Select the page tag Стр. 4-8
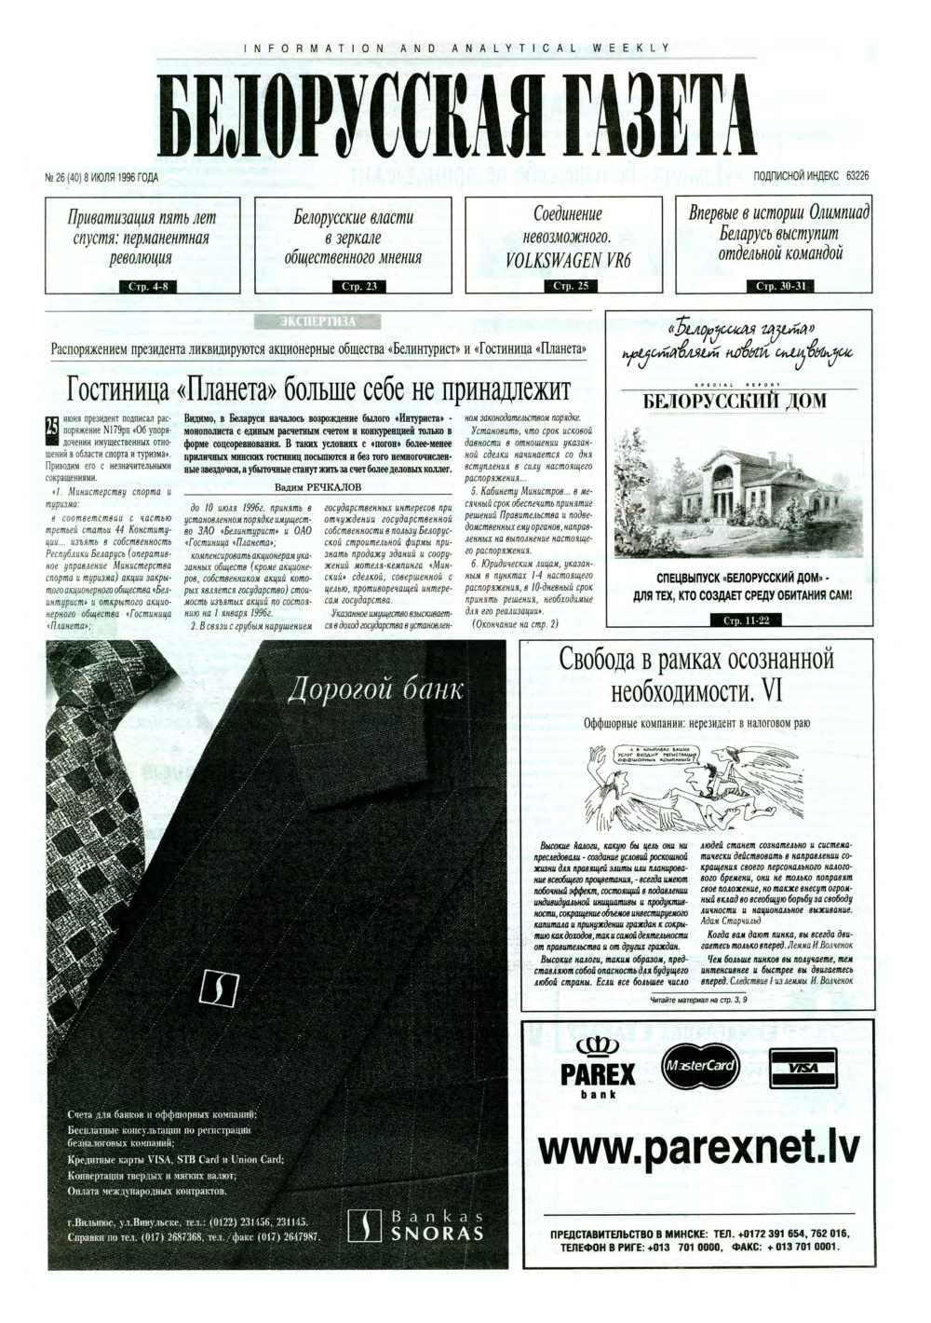[142, 286]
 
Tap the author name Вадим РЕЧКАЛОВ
[317, 487]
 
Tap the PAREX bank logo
[598, 1068]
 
